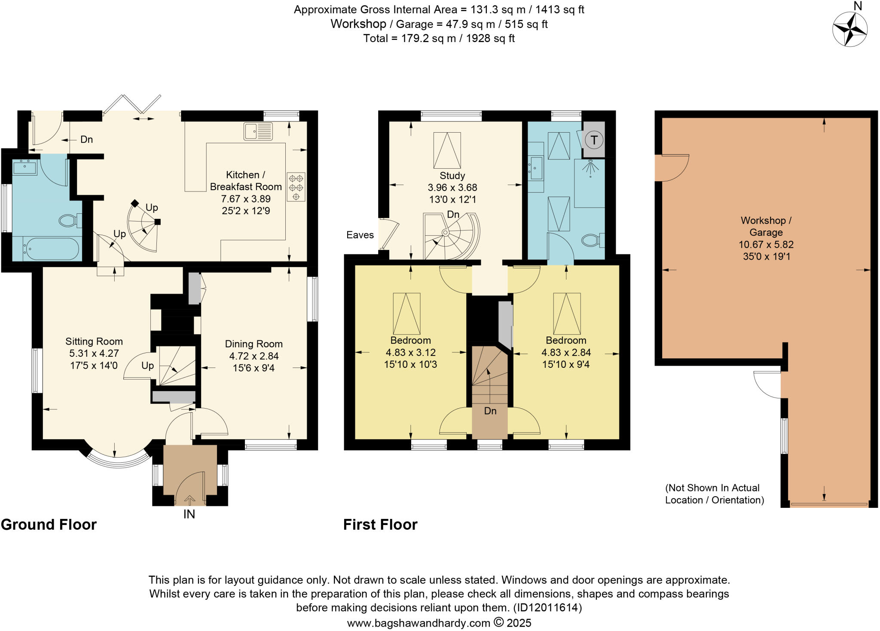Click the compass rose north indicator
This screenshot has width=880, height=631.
[x=849, y=29]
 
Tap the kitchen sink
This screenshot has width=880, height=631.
[x=258, y=131]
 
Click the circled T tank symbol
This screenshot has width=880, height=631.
[x=594, y=140]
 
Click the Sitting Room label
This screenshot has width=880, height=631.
[x=94, y=342]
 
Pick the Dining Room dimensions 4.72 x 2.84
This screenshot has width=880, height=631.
[x=254, y=356]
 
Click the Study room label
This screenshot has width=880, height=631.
[x=452, y=176]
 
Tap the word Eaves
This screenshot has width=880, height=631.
[x=360, y=235]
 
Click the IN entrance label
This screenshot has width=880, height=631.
[x=189, y=514]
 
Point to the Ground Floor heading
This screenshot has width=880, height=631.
[x=49, y=525]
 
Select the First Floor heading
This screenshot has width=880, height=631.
[x=380, y=525]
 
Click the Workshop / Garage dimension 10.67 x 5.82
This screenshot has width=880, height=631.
[x=766, y=245]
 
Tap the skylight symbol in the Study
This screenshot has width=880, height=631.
[x=447, y=150]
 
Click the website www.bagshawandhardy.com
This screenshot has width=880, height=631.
[x=419, y=623]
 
